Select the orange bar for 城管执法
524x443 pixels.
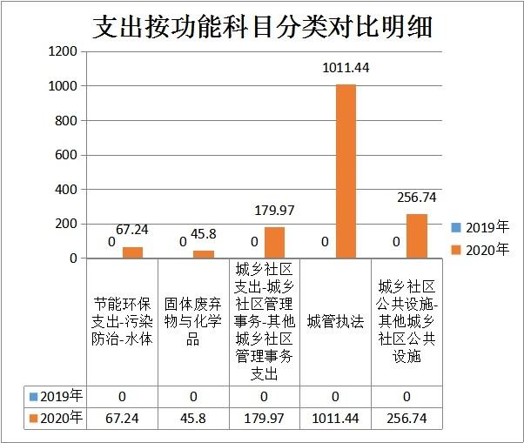click(346, 171)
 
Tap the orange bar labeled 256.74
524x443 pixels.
click(417, 236)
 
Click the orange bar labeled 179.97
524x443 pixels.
click(275, 243)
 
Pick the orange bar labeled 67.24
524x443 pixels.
click(132, 252)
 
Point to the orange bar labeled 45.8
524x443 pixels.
click(204, 254)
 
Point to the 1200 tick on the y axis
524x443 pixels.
click(62, 52)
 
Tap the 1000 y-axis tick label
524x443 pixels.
click(62, 86)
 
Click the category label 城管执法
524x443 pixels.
click(335, 320)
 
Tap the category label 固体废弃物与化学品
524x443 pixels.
click(193, 320)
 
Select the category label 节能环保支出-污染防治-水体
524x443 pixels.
click(123, 320)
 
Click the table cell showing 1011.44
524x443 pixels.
click(335, 419)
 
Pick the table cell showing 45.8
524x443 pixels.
click(193, 419)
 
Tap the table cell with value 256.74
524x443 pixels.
click(406, 419)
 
